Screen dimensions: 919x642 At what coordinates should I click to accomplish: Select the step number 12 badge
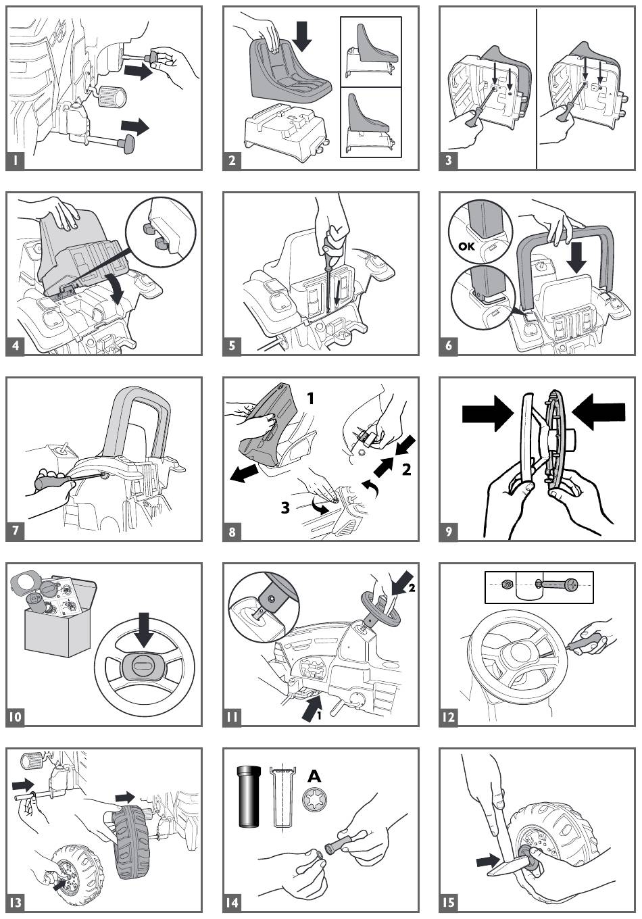click(449, 717)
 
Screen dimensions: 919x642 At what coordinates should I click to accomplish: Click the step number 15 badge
click(449, 902)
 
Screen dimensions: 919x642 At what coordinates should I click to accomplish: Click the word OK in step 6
click(466, 246)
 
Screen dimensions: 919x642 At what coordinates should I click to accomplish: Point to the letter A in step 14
click(314, 776)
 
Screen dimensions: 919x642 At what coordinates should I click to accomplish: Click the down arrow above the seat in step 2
click(302, 35)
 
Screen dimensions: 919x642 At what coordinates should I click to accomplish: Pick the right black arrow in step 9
click(597, 414)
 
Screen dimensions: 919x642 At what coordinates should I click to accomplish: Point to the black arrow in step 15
click(488, 861)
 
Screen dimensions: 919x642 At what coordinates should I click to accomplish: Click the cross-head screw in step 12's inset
click(557, 585)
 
